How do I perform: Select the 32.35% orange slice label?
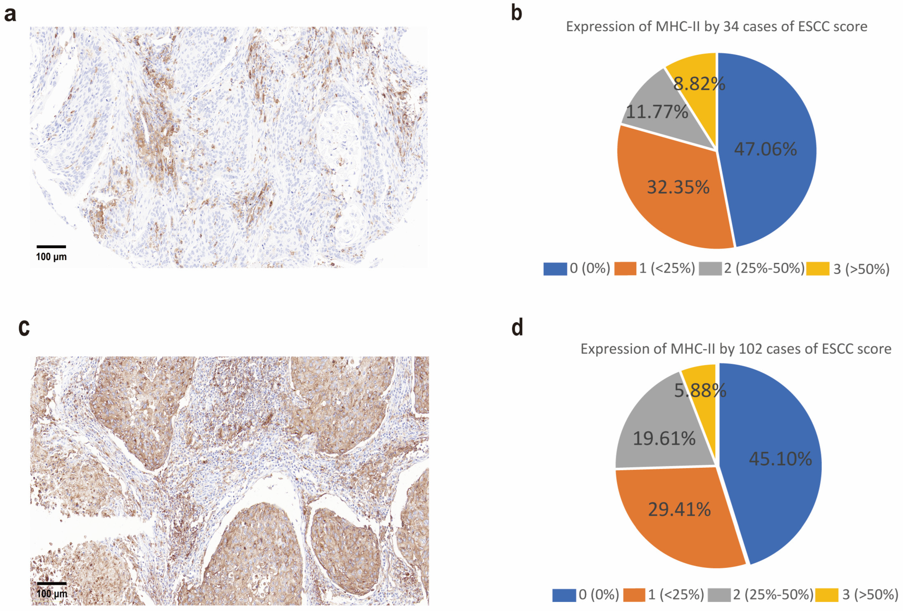678,187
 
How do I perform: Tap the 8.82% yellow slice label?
699,84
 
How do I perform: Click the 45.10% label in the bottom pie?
780,459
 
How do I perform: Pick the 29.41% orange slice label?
679,510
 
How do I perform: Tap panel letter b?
516,13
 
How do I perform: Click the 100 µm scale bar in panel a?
51,247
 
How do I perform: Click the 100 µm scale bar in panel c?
52,583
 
